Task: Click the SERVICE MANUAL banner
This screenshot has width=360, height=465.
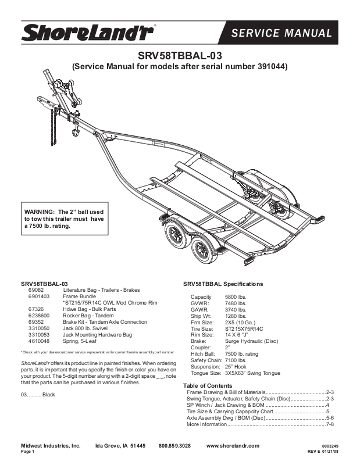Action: pyautogui.click(x=281, y=33)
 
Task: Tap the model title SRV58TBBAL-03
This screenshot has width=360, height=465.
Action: pyautogui.click(x=180, y=56)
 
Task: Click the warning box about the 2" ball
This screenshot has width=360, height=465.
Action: pyautogui.click(x=64, y=219)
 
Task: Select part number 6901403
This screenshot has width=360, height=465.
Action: pyautogui.click(x=38, y=296)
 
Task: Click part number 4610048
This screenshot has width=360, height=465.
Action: pyautogui.click(x=38, y=342)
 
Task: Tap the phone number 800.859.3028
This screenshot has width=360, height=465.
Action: pyautogui.click(x=174, y=445)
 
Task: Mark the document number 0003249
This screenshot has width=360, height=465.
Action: pyautogui.click(x=330, y=446)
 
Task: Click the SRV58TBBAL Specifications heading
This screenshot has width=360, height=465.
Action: pyautogui.click(x=223, y=284)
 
